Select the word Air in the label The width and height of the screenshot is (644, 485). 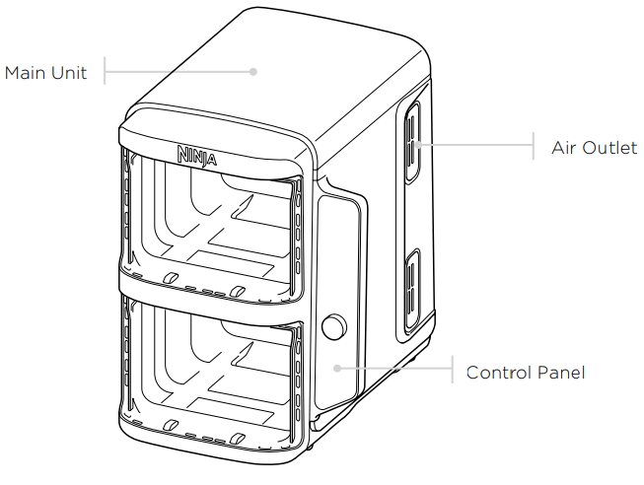click(x=565, y=149)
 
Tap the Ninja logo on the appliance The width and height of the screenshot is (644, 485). click(x=198, y=156)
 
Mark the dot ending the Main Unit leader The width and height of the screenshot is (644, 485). click(x=253, y=71)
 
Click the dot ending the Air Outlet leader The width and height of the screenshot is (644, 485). click(x=418, y=144)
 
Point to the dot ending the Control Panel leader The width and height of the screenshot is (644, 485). click(x=336, y=367)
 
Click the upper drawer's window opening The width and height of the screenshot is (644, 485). click(x=212, y=227)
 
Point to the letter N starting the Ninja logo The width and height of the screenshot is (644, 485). click(x=184, y=154)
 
